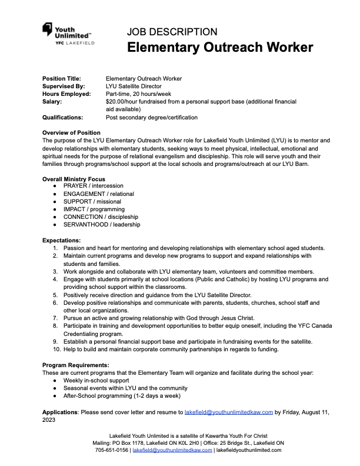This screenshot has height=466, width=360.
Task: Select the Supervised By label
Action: tap(64, 86)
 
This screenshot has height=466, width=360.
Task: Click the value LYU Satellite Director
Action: tap(134, 86)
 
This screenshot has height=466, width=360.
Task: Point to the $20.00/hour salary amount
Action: tap(124, 101)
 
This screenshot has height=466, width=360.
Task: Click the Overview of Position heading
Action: tap(71, 132)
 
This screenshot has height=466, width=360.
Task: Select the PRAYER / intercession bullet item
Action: tap(93, 186)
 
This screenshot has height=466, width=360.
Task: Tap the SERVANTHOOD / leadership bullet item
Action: tap(102, 224)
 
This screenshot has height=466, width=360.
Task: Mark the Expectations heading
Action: tap(62, 240)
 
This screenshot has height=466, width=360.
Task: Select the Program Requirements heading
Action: tap(75, 365)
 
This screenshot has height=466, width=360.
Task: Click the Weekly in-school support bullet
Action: tap(97, 380)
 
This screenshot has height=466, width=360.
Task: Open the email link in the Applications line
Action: tap(229, 412)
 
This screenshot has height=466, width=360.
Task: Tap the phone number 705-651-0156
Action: tap(112, 450)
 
